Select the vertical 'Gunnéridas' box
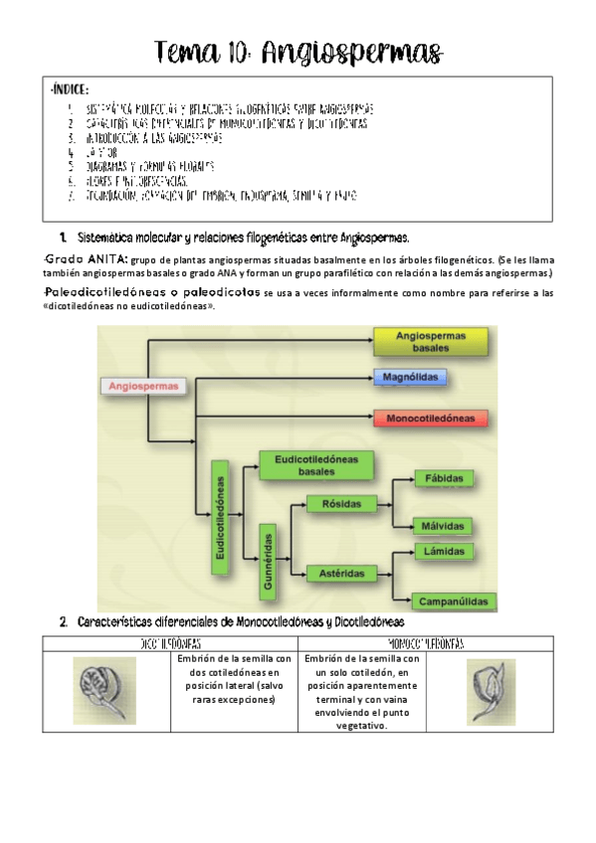268,562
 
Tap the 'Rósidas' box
340,504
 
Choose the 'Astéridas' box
341,574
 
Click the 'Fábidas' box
443,478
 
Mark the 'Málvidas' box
443,527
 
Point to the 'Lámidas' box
443,550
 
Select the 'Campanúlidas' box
454,599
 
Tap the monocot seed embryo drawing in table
492,688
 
